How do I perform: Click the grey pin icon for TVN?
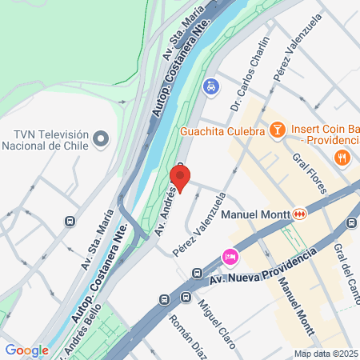point(101,139)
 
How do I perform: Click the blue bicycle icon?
point(210,86)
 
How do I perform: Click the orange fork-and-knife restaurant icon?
point(342,157)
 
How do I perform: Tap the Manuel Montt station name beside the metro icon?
point(256,214)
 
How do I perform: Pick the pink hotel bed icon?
point(229,256)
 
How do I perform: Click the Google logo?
point(27,350)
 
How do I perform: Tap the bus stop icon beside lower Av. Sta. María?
point(70,221)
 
